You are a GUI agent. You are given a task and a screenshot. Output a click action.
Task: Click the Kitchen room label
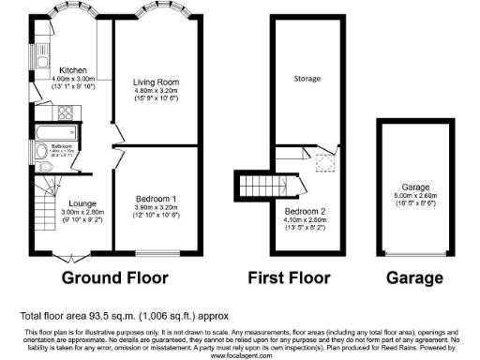point(73,70)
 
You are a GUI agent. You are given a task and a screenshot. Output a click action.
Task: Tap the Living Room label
point(155,82)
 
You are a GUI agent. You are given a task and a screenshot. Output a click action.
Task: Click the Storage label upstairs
point(307,78)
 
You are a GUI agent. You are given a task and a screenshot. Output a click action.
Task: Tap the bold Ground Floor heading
point(114,277)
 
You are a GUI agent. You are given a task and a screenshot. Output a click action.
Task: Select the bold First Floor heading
point(289,277)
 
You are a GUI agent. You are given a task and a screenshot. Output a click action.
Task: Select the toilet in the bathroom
point(40,153)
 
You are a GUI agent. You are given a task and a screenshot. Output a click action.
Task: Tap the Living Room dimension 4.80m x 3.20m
point(155,92)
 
